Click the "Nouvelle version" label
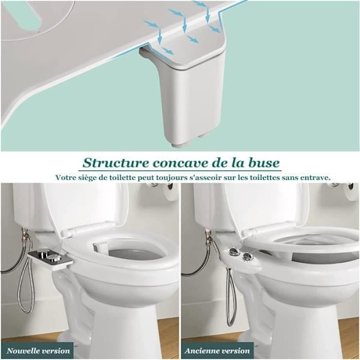click(38, 351)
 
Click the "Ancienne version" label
click(217, 351)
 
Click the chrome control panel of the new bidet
click(49, 257)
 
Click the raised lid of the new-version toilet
click(86, 206)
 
